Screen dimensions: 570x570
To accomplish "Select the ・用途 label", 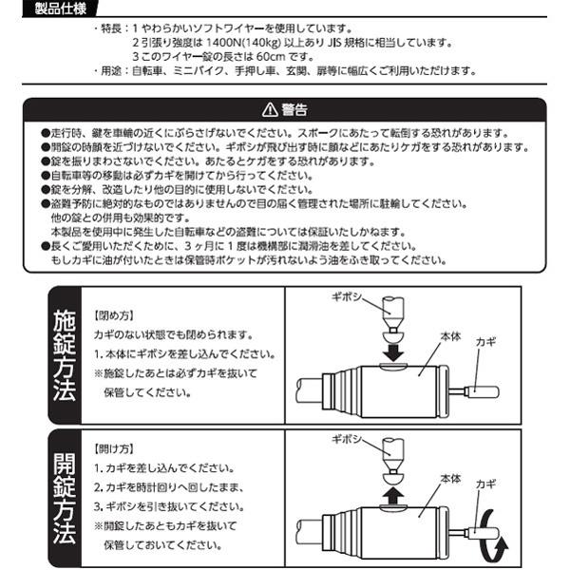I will click(x=106, y=71).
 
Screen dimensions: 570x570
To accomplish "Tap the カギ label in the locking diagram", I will click(x=485, y=339).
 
